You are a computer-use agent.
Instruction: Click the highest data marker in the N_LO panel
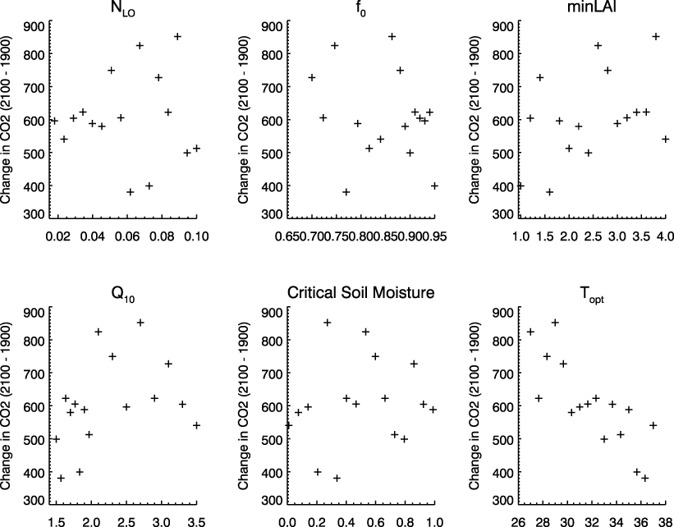[177, 36]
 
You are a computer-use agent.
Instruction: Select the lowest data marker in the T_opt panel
[644, 478]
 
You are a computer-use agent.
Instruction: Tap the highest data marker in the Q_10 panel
[140, 323]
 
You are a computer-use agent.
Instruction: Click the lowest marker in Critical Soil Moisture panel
[337, 478]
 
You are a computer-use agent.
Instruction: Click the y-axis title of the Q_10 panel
[8, 405]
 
